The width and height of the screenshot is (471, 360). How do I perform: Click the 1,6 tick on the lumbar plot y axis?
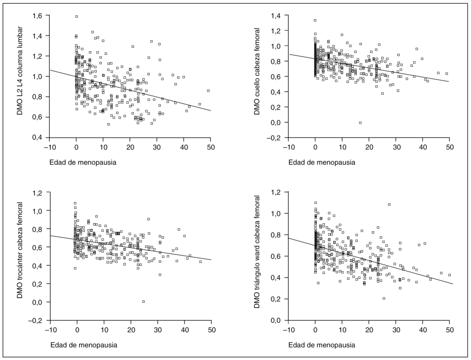[x=37, y=16]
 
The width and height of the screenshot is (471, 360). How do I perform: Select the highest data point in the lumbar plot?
[x=76, y=17]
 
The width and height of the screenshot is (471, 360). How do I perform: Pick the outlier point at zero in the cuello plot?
[x=360, y=122]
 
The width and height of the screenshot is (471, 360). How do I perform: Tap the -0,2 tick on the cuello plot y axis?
[x=275, y=138]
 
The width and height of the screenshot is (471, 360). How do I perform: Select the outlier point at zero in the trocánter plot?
[x=144, y=302]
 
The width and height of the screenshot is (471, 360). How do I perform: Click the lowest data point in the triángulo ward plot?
[x=384, y=298]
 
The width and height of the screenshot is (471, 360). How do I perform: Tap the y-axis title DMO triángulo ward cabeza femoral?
[x=260, y=256]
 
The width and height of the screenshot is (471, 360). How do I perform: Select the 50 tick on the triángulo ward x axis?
[x=449, y=330]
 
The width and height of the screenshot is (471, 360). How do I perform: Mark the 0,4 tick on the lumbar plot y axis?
[x=37, y=138]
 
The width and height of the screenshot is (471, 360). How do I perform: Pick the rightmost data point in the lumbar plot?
[x=208, y=91]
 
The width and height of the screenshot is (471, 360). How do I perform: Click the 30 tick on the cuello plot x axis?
[x=396, y=147]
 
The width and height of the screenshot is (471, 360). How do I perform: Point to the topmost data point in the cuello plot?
[x=315, y=20]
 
